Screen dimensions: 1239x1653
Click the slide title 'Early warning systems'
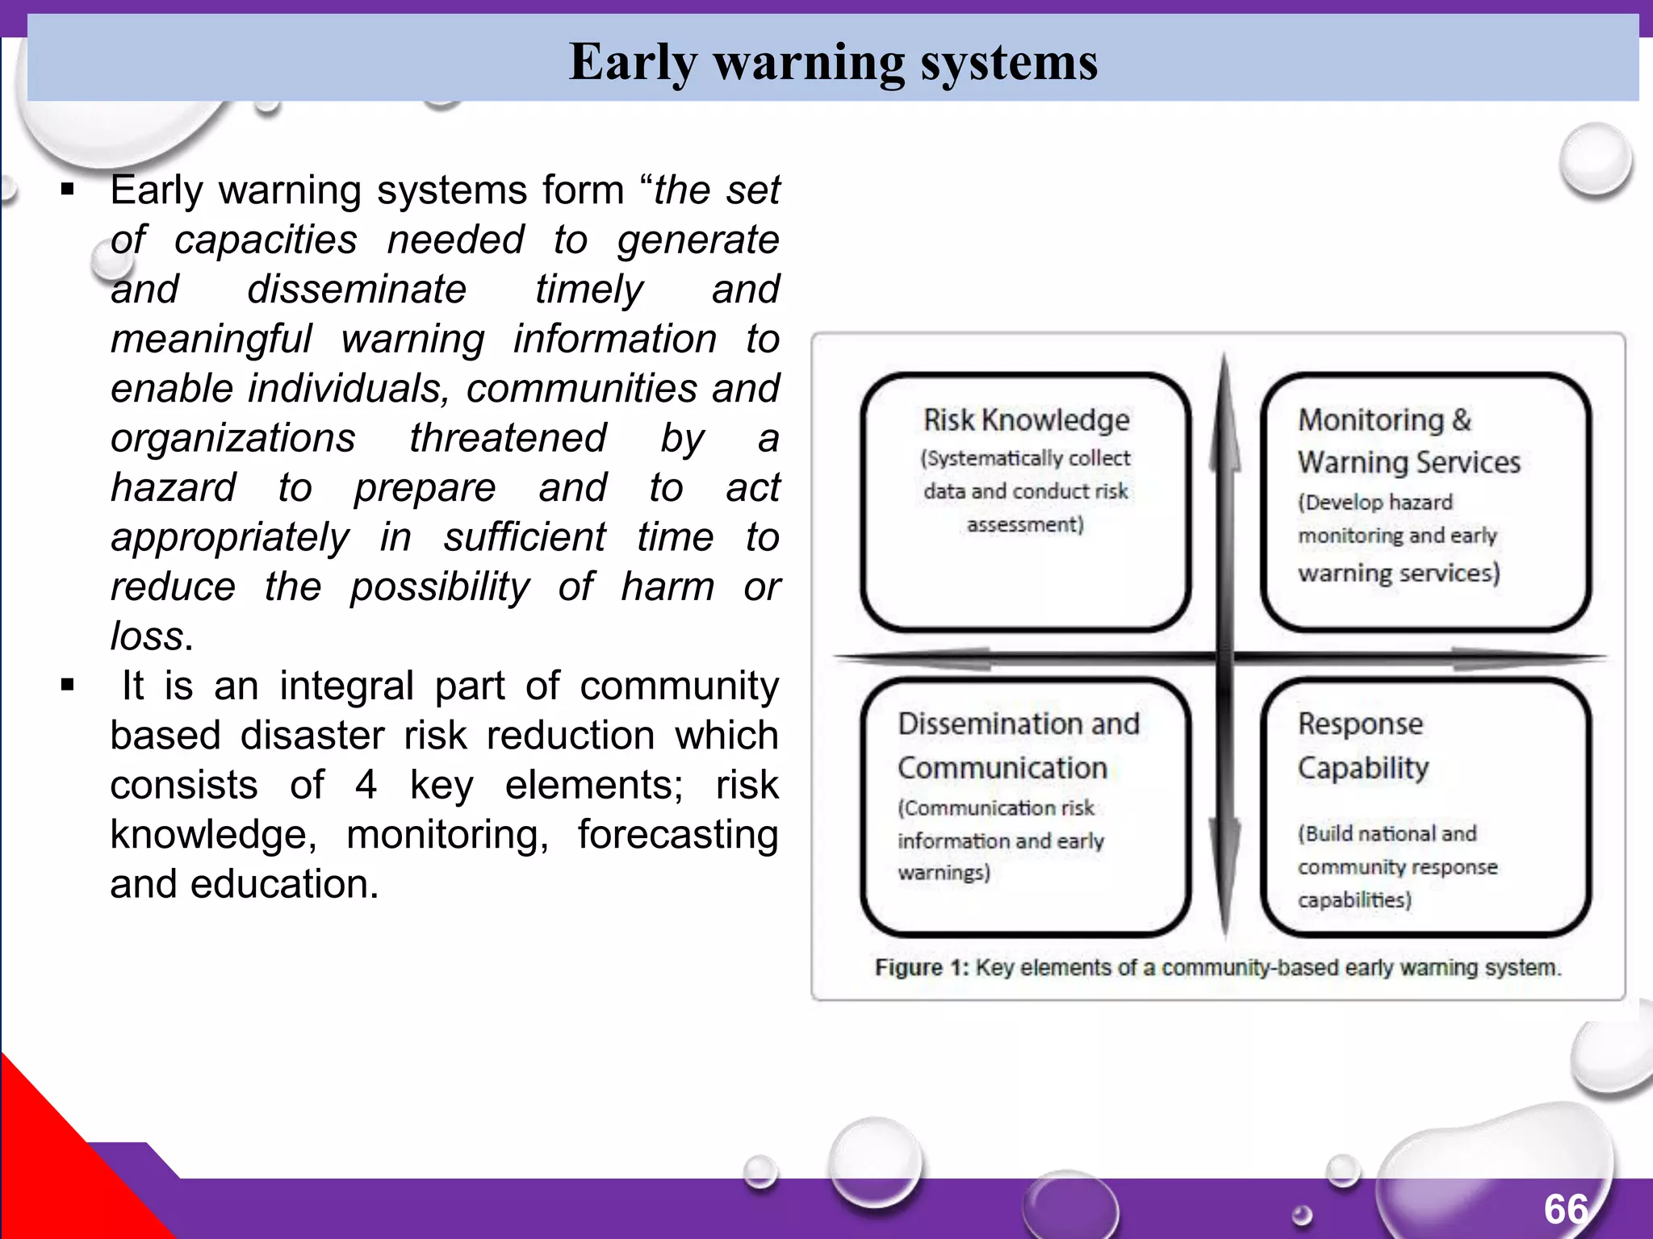tap(833, 62)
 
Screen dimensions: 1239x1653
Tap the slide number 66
tap(1566, 1209)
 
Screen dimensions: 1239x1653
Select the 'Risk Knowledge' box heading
tap(1026, 420)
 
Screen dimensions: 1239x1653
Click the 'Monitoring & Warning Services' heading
tap(1408, 441)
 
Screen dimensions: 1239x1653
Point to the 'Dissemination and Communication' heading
tap(1018, 745)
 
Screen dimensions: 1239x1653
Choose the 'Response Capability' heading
tap(1362, 745)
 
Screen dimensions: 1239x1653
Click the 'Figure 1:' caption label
tap(921, 967)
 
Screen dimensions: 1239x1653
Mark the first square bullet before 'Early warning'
tap(68, 191)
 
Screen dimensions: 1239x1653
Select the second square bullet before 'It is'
tap(68, 686)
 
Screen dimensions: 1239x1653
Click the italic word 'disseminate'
tap(357, 290)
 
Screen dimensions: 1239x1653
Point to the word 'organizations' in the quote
tap(233, 438)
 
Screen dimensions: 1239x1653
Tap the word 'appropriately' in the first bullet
tap(231, 538)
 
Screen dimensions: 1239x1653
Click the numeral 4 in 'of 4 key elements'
tap(366, 785)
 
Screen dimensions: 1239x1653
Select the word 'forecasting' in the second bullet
tap(677, 835)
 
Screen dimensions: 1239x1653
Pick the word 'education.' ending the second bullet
tap(284, 884)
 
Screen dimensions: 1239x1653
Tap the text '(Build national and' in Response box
tap(1387, 833)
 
